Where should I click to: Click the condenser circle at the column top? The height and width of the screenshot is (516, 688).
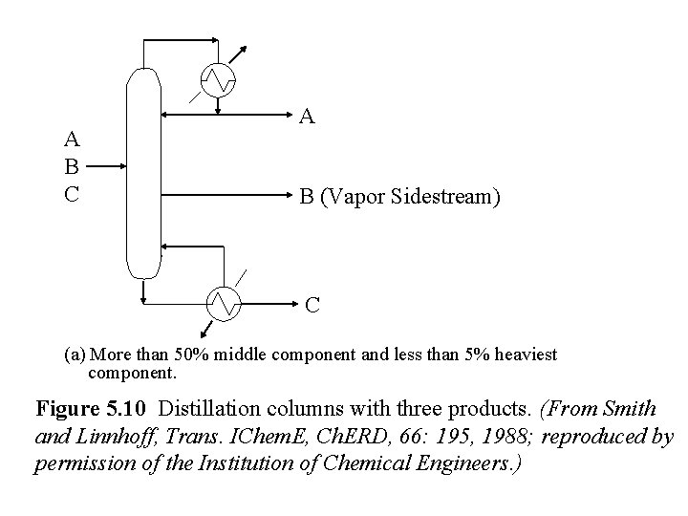(x=222, y=78)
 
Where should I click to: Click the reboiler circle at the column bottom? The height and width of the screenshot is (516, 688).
(x=224, y=302)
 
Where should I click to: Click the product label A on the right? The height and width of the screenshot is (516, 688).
(x=307, y=118)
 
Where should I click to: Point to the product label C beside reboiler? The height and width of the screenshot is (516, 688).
(x=312, y=306)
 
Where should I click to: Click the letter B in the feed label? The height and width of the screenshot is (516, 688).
(x=71, y=164)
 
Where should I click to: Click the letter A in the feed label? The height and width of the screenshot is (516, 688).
(x=71, y=140)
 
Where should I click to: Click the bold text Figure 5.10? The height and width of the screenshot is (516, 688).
(x=93, y=410)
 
